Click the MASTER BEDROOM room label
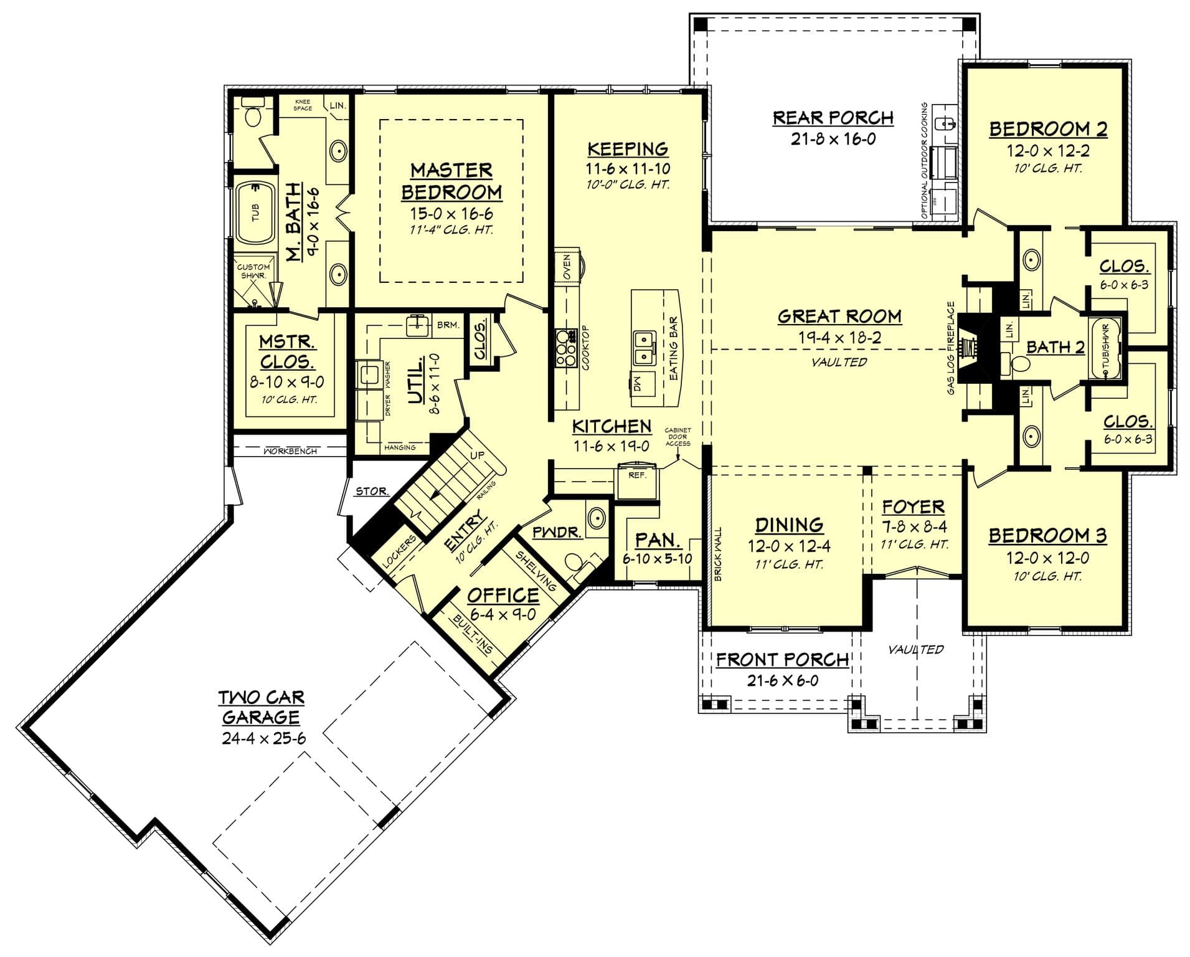(x=451, y=181)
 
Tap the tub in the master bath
(x=256, y=212)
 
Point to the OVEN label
(x=567, y=267)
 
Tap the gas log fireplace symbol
(x=969, y=348)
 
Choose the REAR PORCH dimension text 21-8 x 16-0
(x=833, y=139)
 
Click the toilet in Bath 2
(x=1017, y=365)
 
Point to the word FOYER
(x=913, y=507)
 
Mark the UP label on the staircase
(x=477, y=455)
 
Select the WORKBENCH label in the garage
(x=290, y=450)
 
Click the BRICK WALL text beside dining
(x=718, y=554)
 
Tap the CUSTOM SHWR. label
(x=253, y=271)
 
